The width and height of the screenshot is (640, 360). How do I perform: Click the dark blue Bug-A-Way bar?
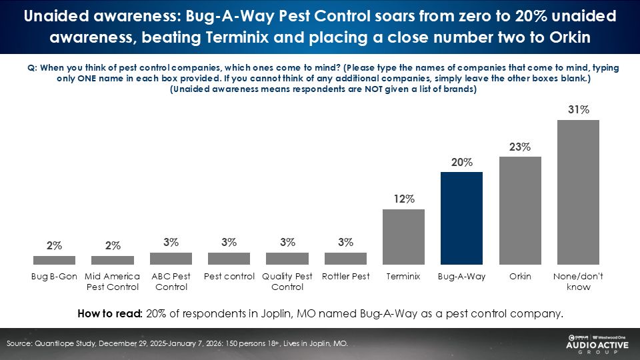pos(462,218)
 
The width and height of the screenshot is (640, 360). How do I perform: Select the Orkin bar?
pos(520,211)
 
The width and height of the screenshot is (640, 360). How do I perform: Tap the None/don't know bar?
pos(578,192)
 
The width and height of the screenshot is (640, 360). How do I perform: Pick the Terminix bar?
pos(403,237)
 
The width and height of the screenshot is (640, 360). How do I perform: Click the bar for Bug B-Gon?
pos(54,260)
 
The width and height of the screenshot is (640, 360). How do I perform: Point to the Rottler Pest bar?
pos(345,258)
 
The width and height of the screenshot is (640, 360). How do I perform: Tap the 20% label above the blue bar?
pos(462,163)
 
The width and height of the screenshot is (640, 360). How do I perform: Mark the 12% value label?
pos(404,199)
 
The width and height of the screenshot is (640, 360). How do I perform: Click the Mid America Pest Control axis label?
pos(113,281)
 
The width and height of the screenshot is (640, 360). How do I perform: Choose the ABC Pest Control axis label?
pos(171,281)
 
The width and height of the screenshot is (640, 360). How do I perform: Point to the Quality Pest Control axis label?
pos(287,281)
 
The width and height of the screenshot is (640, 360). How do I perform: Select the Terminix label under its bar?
pos(403,276)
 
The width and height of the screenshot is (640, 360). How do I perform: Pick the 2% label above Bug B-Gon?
pos(54,246)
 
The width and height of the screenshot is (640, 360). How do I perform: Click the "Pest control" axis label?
pos(229,276)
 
